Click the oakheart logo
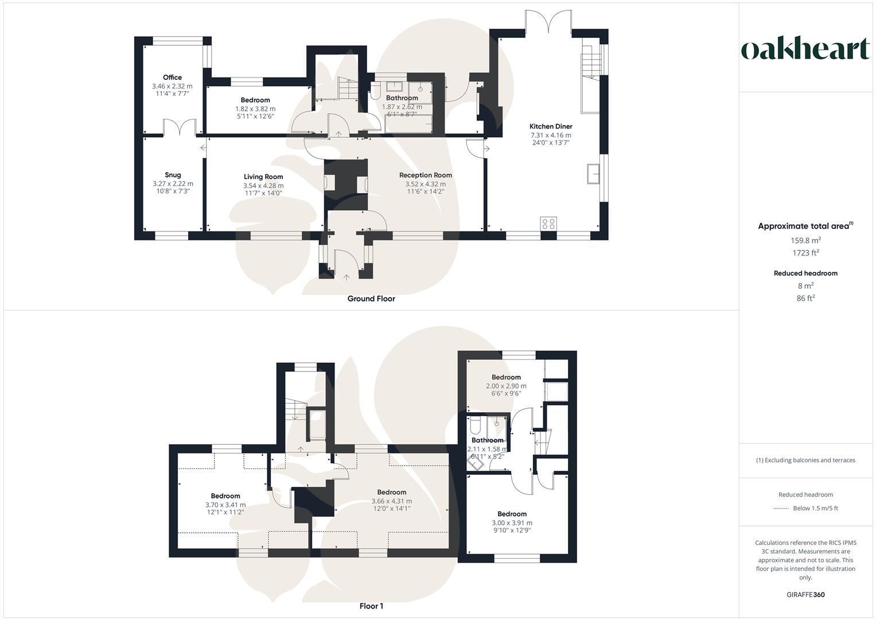pos(805,49)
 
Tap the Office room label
pos(172,77)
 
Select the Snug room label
pos(173,175)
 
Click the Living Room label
pos(263,177)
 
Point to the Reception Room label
pos(425,175)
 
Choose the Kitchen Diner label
pos(550,126)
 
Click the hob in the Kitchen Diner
pos(548,223)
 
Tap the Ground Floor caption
pos(371,299)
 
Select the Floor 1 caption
pos(371,606)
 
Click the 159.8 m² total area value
pos(805,241)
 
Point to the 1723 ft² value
pos(805,253)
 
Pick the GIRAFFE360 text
pos(805,595)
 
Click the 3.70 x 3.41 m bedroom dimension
pos(225,505)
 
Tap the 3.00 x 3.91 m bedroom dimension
pos(512,522)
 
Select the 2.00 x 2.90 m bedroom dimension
pos(506,386)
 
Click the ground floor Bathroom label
pos(402,98)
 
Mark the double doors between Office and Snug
pos(180,127)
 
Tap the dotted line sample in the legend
pos(781,508)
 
